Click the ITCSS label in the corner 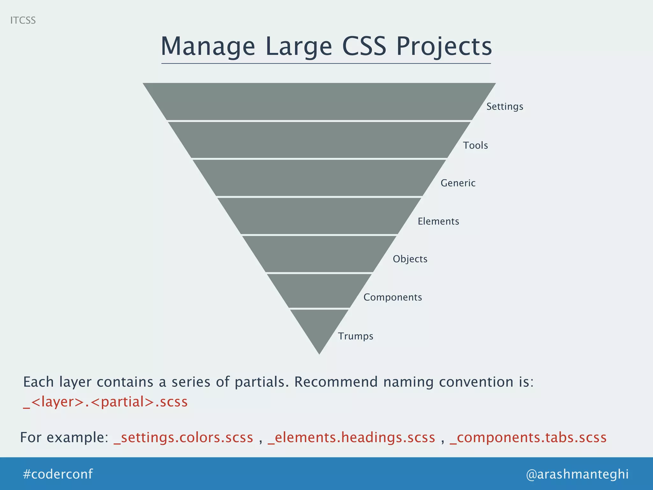coord(23,20)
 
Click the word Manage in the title coord(208,47)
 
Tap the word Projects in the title coord(444,47)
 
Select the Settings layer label coord(505,107)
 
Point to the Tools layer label coord(475,145)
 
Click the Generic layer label coord(458,183)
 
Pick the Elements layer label coord(438,221)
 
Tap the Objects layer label coord(410,259)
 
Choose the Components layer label coord(393,297)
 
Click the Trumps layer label coord(356,336)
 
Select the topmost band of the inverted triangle coord(319,101)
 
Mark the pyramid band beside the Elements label coord(319,216)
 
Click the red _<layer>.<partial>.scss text coord(106,402)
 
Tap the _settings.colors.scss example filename coord(184,437)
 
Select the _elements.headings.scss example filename coord(351,437)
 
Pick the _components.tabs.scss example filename coord(528,437)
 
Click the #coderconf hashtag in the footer coord(58,474)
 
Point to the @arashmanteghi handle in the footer coord(577,474)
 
